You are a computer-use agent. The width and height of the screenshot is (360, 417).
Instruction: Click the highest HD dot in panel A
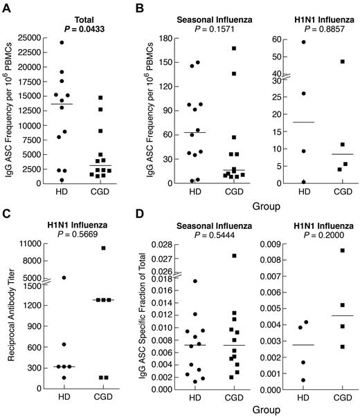[x=62, y=43]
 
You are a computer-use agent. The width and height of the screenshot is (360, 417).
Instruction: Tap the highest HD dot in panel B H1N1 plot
[x=283, y=42]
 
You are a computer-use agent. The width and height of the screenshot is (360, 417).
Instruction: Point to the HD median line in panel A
[x=62, y=104]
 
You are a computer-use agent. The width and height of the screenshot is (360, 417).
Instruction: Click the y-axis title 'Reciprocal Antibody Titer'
[x=9, y=313]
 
